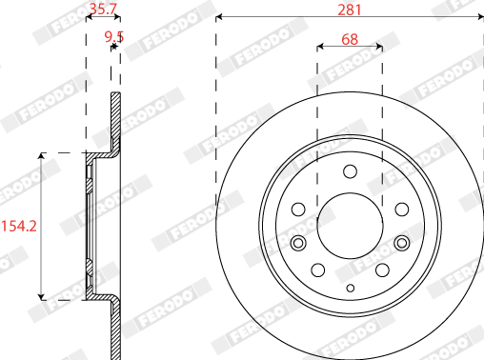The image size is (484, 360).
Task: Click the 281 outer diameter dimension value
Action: tap(350, 10)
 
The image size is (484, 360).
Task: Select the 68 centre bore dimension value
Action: tap(350, 39)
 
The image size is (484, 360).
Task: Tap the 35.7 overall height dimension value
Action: tap(103, 9)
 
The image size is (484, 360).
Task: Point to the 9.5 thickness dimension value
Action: tap(114, 37)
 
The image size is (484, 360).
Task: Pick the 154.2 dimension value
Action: tap(19, 226)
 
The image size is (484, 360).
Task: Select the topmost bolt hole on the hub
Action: tap(350, 171)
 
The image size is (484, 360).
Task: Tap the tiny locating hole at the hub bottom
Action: tap(351, 289)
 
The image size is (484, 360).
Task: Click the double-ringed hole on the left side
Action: tap(298, 243)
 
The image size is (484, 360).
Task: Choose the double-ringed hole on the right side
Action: tap(402, 243)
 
